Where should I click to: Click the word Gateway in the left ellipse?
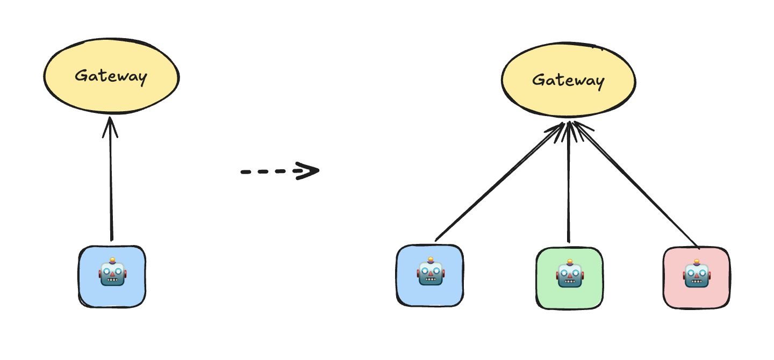(111, 76)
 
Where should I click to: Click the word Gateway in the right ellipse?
(568, 81)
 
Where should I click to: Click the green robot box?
(569, 278)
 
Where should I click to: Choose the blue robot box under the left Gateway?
(112, 276)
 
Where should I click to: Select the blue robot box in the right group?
(429, 275)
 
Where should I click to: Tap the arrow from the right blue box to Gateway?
(500, 183)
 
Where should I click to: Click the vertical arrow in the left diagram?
(111, 183)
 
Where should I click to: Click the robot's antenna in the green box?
(569, 263)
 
